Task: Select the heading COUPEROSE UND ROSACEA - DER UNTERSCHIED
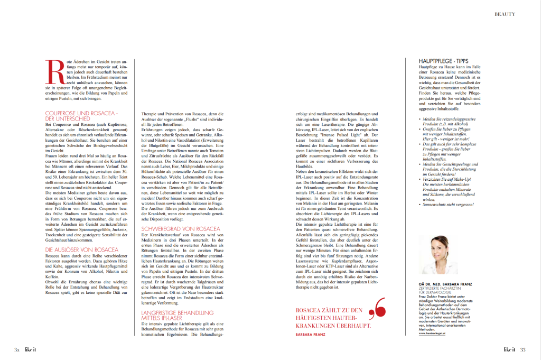pos(82,116)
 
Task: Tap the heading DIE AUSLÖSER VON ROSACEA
pos(82,249)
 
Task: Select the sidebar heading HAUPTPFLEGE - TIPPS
pos(440,61)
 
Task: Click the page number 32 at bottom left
pos(16,349)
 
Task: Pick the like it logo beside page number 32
pos(30,349)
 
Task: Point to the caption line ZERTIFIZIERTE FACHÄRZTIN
pos(436,289)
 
